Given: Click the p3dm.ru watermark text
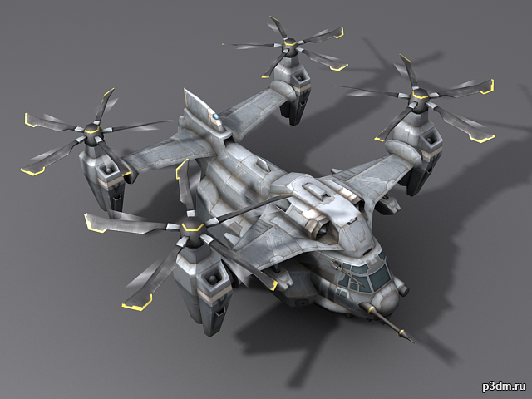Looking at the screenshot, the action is pyautogui.click(x=504, y=387).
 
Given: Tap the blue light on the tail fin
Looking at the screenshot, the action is pyautogui.click(x=216, y=116).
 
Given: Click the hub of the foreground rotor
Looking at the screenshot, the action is pyautogui.click(x=192, y=228).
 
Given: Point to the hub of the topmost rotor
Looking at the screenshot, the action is pyautogui.click(x=290, y=44).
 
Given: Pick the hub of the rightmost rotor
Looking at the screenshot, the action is pyautogui.click(x=421, y=96).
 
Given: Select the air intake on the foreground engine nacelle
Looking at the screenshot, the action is pyautogui.click(x=212, y=279).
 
